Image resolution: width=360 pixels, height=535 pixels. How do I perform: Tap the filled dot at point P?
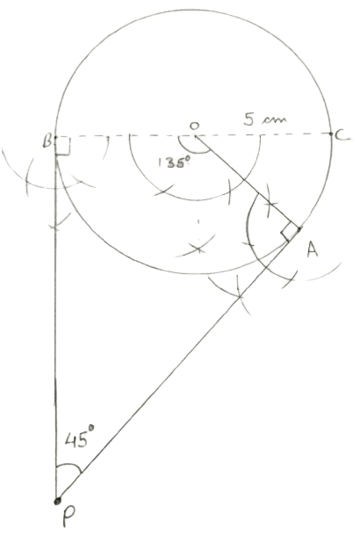click(57, 501)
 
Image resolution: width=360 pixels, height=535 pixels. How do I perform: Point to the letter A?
click(313, 249)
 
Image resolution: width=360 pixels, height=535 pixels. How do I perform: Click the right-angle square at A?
click(290, 232)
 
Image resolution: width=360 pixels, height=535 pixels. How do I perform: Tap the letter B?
click(47, 141)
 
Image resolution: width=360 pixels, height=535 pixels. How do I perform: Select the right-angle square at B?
click(63, 146)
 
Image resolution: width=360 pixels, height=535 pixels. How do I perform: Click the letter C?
click(342, 136)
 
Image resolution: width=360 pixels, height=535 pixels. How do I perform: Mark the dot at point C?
click(331, 134)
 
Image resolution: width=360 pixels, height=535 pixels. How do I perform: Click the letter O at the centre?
click(194, 126)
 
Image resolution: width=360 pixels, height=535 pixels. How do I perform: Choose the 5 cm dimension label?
click(265, 119)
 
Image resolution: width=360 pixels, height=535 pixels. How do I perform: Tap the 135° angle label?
click(174, 163)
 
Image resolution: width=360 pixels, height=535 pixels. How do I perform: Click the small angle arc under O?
click(193, 151)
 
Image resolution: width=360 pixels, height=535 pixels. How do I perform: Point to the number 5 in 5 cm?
click(249, 119)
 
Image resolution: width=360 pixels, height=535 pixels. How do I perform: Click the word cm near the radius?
click(275, 120)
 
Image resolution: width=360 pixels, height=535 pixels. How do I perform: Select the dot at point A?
click(299, 229)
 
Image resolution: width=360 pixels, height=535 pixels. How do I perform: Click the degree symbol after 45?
click(91, 427)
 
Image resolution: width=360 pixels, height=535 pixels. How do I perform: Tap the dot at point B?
click(55, 137)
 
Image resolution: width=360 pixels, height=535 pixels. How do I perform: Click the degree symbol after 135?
click(188, 159)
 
